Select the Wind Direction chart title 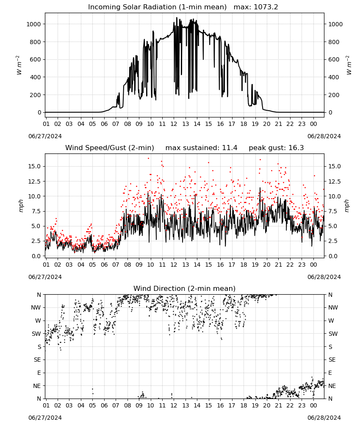coord(185,288)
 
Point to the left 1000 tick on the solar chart coord(33,24)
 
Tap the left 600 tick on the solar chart coord(36,59)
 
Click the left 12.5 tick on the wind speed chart coord(34,181)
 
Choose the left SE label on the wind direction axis coord(37,360)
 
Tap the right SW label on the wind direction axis coord(333,334)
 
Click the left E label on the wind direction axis coord(39,373)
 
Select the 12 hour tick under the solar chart coord(174,124)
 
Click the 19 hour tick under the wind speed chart coord(255,265)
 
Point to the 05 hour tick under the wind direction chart coord(92,405)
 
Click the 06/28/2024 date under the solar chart coord(324,136)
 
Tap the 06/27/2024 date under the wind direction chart coord(45,418)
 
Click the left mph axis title coord(21,206)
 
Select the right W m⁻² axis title coord(348,65)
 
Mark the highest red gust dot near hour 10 coord(148,159)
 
